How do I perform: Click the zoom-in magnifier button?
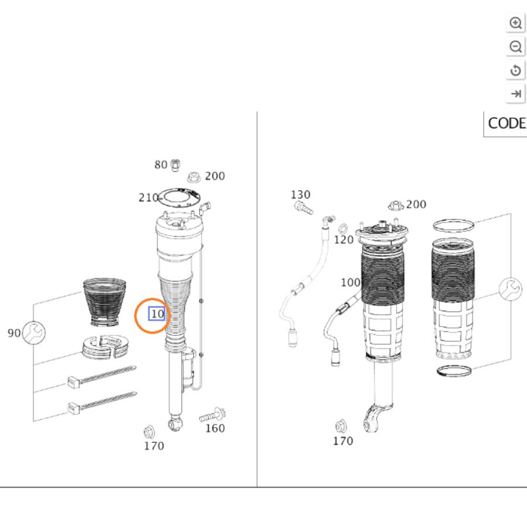point(515,23)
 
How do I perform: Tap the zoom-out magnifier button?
point(515,47)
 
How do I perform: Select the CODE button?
point(506,124)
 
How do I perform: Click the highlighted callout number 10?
point(157,314)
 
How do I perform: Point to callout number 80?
point(160,165)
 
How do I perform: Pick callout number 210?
point(149,197)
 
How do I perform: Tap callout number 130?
point(300,194)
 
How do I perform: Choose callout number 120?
point(344,239)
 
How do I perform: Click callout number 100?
point(351,282)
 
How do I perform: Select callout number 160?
point(215,428)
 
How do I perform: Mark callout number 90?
point(14,333)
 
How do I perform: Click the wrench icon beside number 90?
point(34,333)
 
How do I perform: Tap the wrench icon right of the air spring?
point(510,289)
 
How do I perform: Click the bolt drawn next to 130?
point(303,207)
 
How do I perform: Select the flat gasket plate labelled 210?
point(179,198)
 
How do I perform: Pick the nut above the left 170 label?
point(149,432)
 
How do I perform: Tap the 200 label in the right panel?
point(416,204)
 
